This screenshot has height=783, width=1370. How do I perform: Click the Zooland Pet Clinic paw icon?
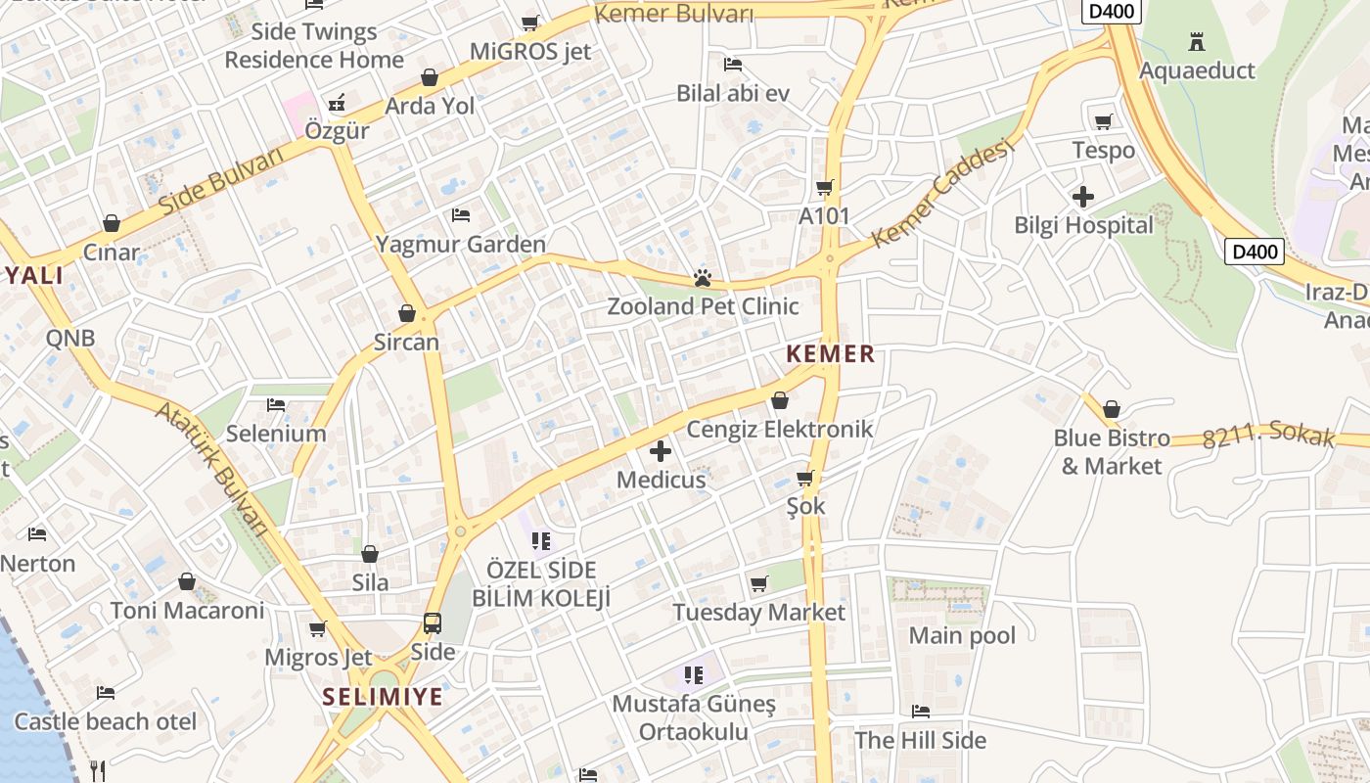click(702, 279)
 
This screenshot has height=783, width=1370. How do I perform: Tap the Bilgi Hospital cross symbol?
click(1082, 197)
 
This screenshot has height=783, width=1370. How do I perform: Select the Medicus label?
click(661, 480)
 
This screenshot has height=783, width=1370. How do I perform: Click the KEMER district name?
click(831, 354)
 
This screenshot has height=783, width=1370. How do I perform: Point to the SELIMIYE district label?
click(383, 698)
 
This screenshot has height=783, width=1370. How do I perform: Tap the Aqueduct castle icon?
click(1196, 42)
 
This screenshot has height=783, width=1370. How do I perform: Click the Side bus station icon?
click(432, 622)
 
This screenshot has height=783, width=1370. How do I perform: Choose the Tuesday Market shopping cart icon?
click(758, 584)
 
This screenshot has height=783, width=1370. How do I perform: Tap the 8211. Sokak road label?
click(1268, 434)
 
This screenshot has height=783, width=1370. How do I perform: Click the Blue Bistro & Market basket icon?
click(1111, 408)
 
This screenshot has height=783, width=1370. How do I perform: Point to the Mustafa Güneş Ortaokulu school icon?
click(694, 674)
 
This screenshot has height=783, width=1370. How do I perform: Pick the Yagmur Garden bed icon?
click(461, 215)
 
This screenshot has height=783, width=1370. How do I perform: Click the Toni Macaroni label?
click(187, 611)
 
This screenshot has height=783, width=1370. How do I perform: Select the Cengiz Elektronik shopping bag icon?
click(780, 400)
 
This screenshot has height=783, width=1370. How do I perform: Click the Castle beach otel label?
click(106, 722)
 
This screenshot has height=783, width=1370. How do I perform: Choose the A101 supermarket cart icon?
click(824, 187)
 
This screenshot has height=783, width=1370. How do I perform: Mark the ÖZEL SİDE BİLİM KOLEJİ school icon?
click(541, 540)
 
